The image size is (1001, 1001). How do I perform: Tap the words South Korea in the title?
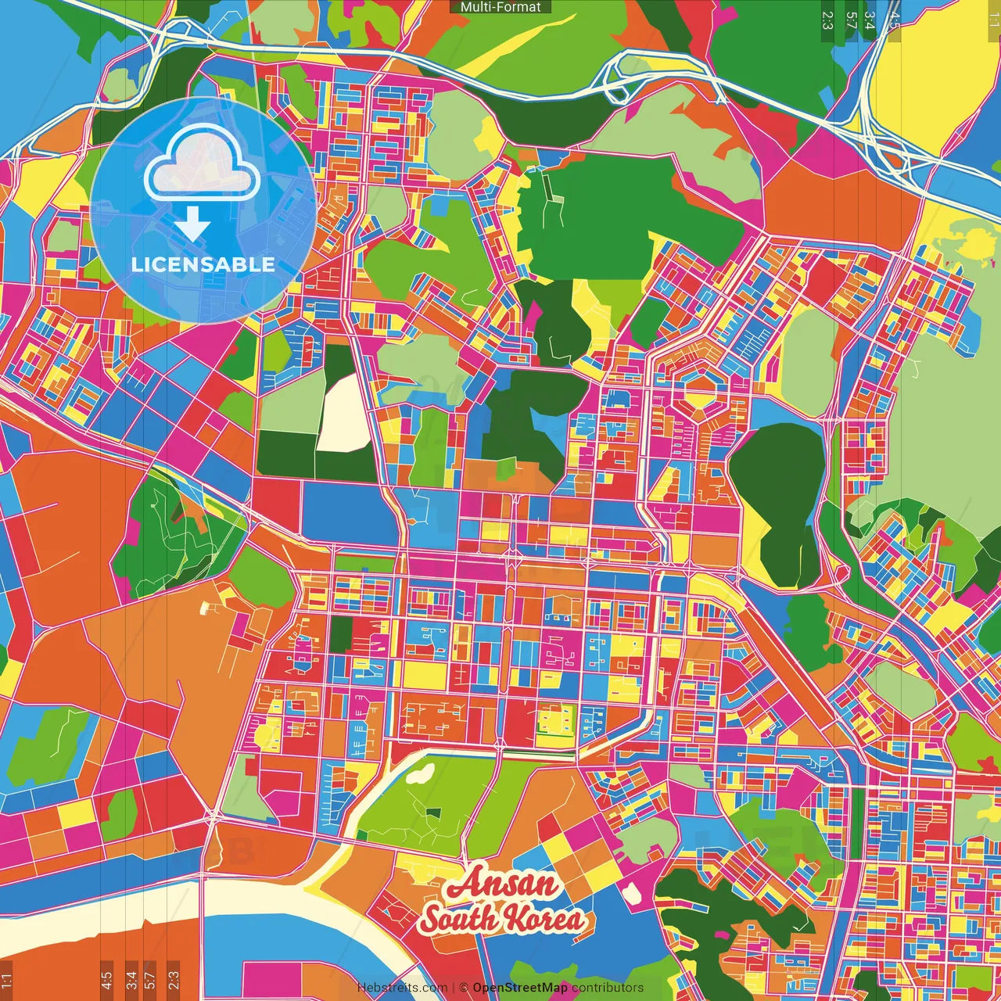point(502,919)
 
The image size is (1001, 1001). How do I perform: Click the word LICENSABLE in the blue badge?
point(203,264)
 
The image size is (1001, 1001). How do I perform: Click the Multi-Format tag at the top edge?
point(500,7)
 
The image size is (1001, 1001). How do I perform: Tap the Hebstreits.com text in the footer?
point(402,988)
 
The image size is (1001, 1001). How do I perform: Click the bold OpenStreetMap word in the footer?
point(520,988)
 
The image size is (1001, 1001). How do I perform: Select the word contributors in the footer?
point(608,988)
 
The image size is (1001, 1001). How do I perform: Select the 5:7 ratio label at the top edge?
point(850,20)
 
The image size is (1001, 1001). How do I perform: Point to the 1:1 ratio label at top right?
point(993,20)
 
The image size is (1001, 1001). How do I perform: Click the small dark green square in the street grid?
point(340,634)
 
